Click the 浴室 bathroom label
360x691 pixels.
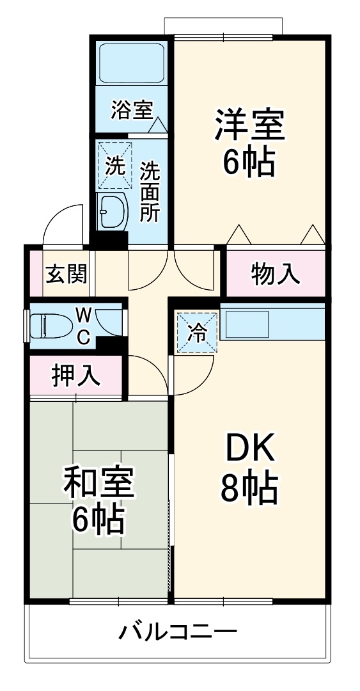point(132,110)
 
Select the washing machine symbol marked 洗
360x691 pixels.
point(115,166)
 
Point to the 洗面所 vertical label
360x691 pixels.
point(150,191)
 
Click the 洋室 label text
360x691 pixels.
point(249,125)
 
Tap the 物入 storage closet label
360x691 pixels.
point(275,274)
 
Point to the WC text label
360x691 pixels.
point(84,326)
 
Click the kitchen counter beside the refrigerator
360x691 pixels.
point(272,325)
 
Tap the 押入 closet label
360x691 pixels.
point(76,376)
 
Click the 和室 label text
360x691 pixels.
point(98,484)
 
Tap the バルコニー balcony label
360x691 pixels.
point(178,633)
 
